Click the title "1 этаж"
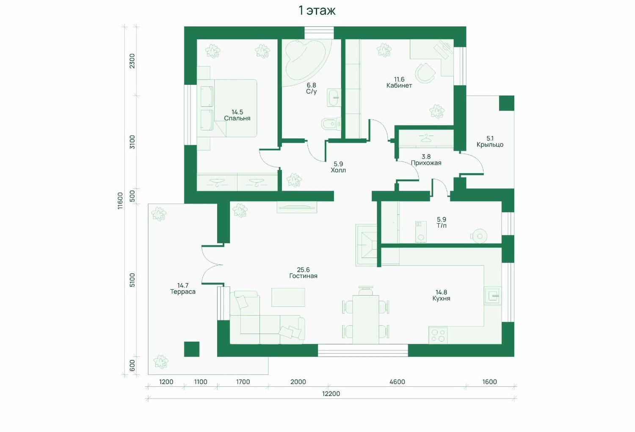pos(317,11)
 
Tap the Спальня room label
pos(237,118)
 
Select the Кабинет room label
pos(399,86)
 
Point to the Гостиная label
pos(304,276)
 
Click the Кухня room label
pos(442,299)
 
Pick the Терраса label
pos(183,291)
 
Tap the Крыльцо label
pos(490,145)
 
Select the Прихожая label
pos(426,163)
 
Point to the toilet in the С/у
pos(331,124)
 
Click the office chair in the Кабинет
pos(425,73)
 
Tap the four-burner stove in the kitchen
pos(438,335)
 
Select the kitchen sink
pos(493,296)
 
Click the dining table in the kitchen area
pos(366,319)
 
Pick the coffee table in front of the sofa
pos(288,297)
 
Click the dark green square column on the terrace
pos(192,349)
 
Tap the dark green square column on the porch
pos(507,103)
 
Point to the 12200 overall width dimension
pos(331,394)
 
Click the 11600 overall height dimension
pos(121,200)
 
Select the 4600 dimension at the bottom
pos(397,382)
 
